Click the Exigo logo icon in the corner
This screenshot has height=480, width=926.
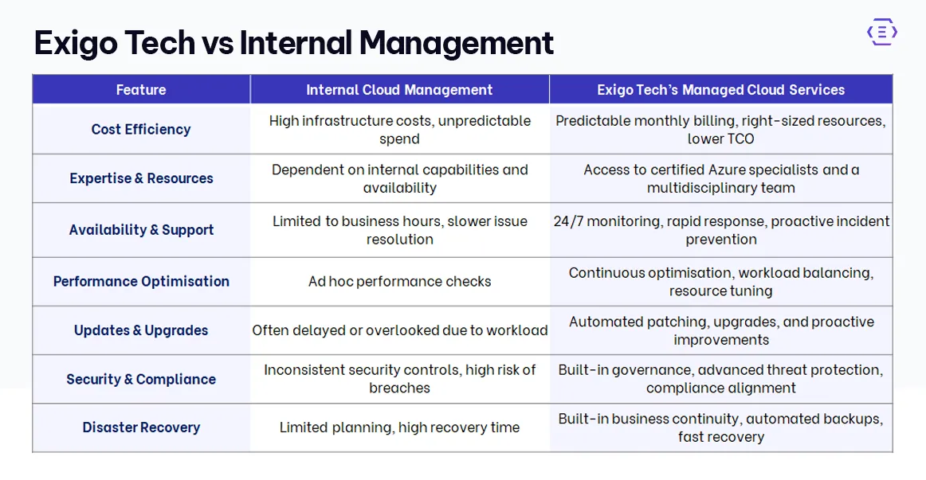coord(881,33)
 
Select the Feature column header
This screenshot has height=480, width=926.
coord(141,90)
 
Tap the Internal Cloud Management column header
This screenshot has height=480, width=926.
coord(399,90)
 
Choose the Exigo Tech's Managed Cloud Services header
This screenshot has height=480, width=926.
coord(720,90)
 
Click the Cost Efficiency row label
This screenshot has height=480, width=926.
coord(141,129)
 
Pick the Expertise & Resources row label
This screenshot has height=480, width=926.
coord(141,178)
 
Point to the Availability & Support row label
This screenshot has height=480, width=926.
coord(141,230)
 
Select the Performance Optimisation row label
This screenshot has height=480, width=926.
coord(141,281)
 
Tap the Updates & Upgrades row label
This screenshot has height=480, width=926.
coord(141,330)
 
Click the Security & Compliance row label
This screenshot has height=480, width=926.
coord(141,379)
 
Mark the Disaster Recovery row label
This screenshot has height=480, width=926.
coord(141,427)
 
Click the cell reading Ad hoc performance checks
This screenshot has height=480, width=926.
coord(399,281)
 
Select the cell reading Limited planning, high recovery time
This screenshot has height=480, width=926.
coord(399,427)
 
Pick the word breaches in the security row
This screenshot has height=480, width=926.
coord(399,388)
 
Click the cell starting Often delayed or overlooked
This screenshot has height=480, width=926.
coord(399,330)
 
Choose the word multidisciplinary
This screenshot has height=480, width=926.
coord(696,188)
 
